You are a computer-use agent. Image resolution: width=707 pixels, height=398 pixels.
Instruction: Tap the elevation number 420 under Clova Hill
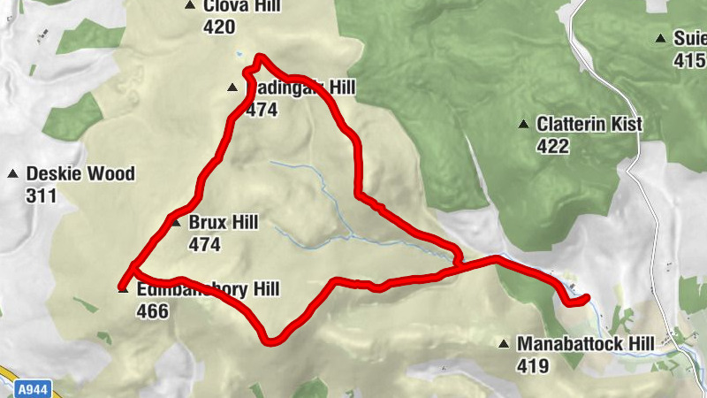point(219,27)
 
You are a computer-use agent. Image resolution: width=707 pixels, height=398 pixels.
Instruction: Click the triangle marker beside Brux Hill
point(175,222)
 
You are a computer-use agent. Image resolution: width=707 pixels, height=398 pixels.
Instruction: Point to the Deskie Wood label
point(80,174)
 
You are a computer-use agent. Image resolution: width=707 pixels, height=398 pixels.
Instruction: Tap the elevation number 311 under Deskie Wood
point(42,195)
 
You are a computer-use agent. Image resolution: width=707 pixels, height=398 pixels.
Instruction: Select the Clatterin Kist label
point(589,125)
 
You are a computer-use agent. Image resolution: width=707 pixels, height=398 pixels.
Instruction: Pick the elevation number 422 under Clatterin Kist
point(552,146)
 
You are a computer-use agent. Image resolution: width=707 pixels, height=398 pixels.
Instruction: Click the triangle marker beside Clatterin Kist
point(524,125)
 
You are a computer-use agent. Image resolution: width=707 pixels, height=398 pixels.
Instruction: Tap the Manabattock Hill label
point(585,343)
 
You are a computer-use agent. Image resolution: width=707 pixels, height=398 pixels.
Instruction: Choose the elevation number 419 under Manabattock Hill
point(532,364)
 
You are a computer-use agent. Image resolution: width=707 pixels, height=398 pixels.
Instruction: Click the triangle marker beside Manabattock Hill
point(504,343)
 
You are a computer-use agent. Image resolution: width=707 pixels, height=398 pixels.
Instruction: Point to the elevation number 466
point(153,310)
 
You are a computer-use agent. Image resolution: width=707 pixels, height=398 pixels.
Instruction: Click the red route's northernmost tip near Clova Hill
point(259,58)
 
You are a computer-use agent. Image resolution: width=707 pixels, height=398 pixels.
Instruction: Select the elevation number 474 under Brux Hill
point(204,244)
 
